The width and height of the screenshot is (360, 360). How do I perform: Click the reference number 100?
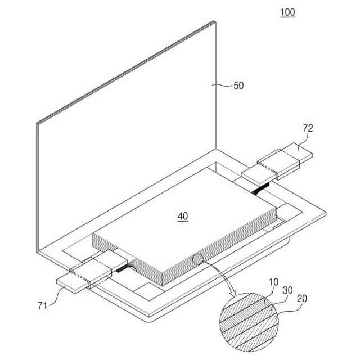point(287,12)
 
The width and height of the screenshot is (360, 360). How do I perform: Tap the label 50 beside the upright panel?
point(238,85)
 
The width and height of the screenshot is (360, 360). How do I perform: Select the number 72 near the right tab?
point(308,129)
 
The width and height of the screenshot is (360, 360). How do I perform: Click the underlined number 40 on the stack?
point(183,216)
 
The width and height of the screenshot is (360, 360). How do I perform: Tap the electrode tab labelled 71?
point(84,274)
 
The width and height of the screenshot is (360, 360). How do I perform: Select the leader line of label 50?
point(224,85)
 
